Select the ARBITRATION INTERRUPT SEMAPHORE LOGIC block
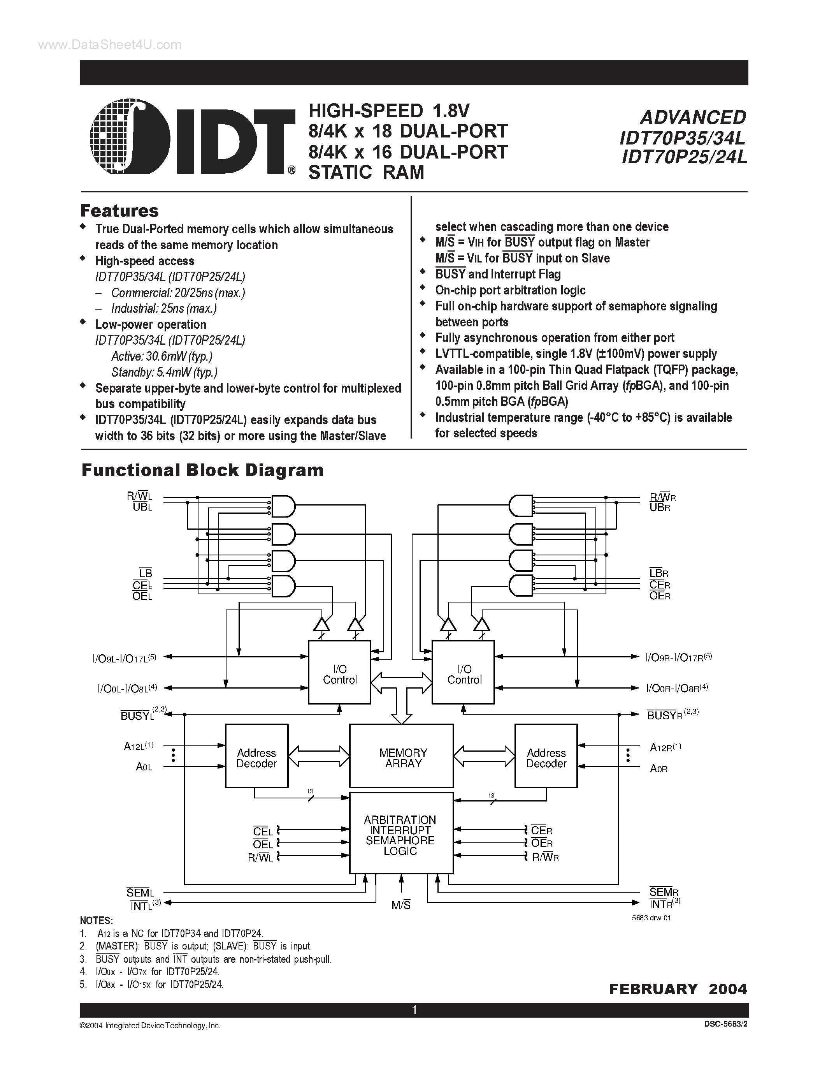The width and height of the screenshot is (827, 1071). point(401,834)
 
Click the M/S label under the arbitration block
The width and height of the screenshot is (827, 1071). point(401,905)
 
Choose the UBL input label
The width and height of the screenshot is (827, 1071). point(142,507)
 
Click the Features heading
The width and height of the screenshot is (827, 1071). point(119,211)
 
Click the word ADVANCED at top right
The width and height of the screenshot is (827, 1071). point(693,117)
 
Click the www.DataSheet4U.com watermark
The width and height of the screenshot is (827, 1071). point(110,45)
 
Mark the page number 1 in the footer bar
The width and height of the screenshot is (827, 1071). point(414,1010)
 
